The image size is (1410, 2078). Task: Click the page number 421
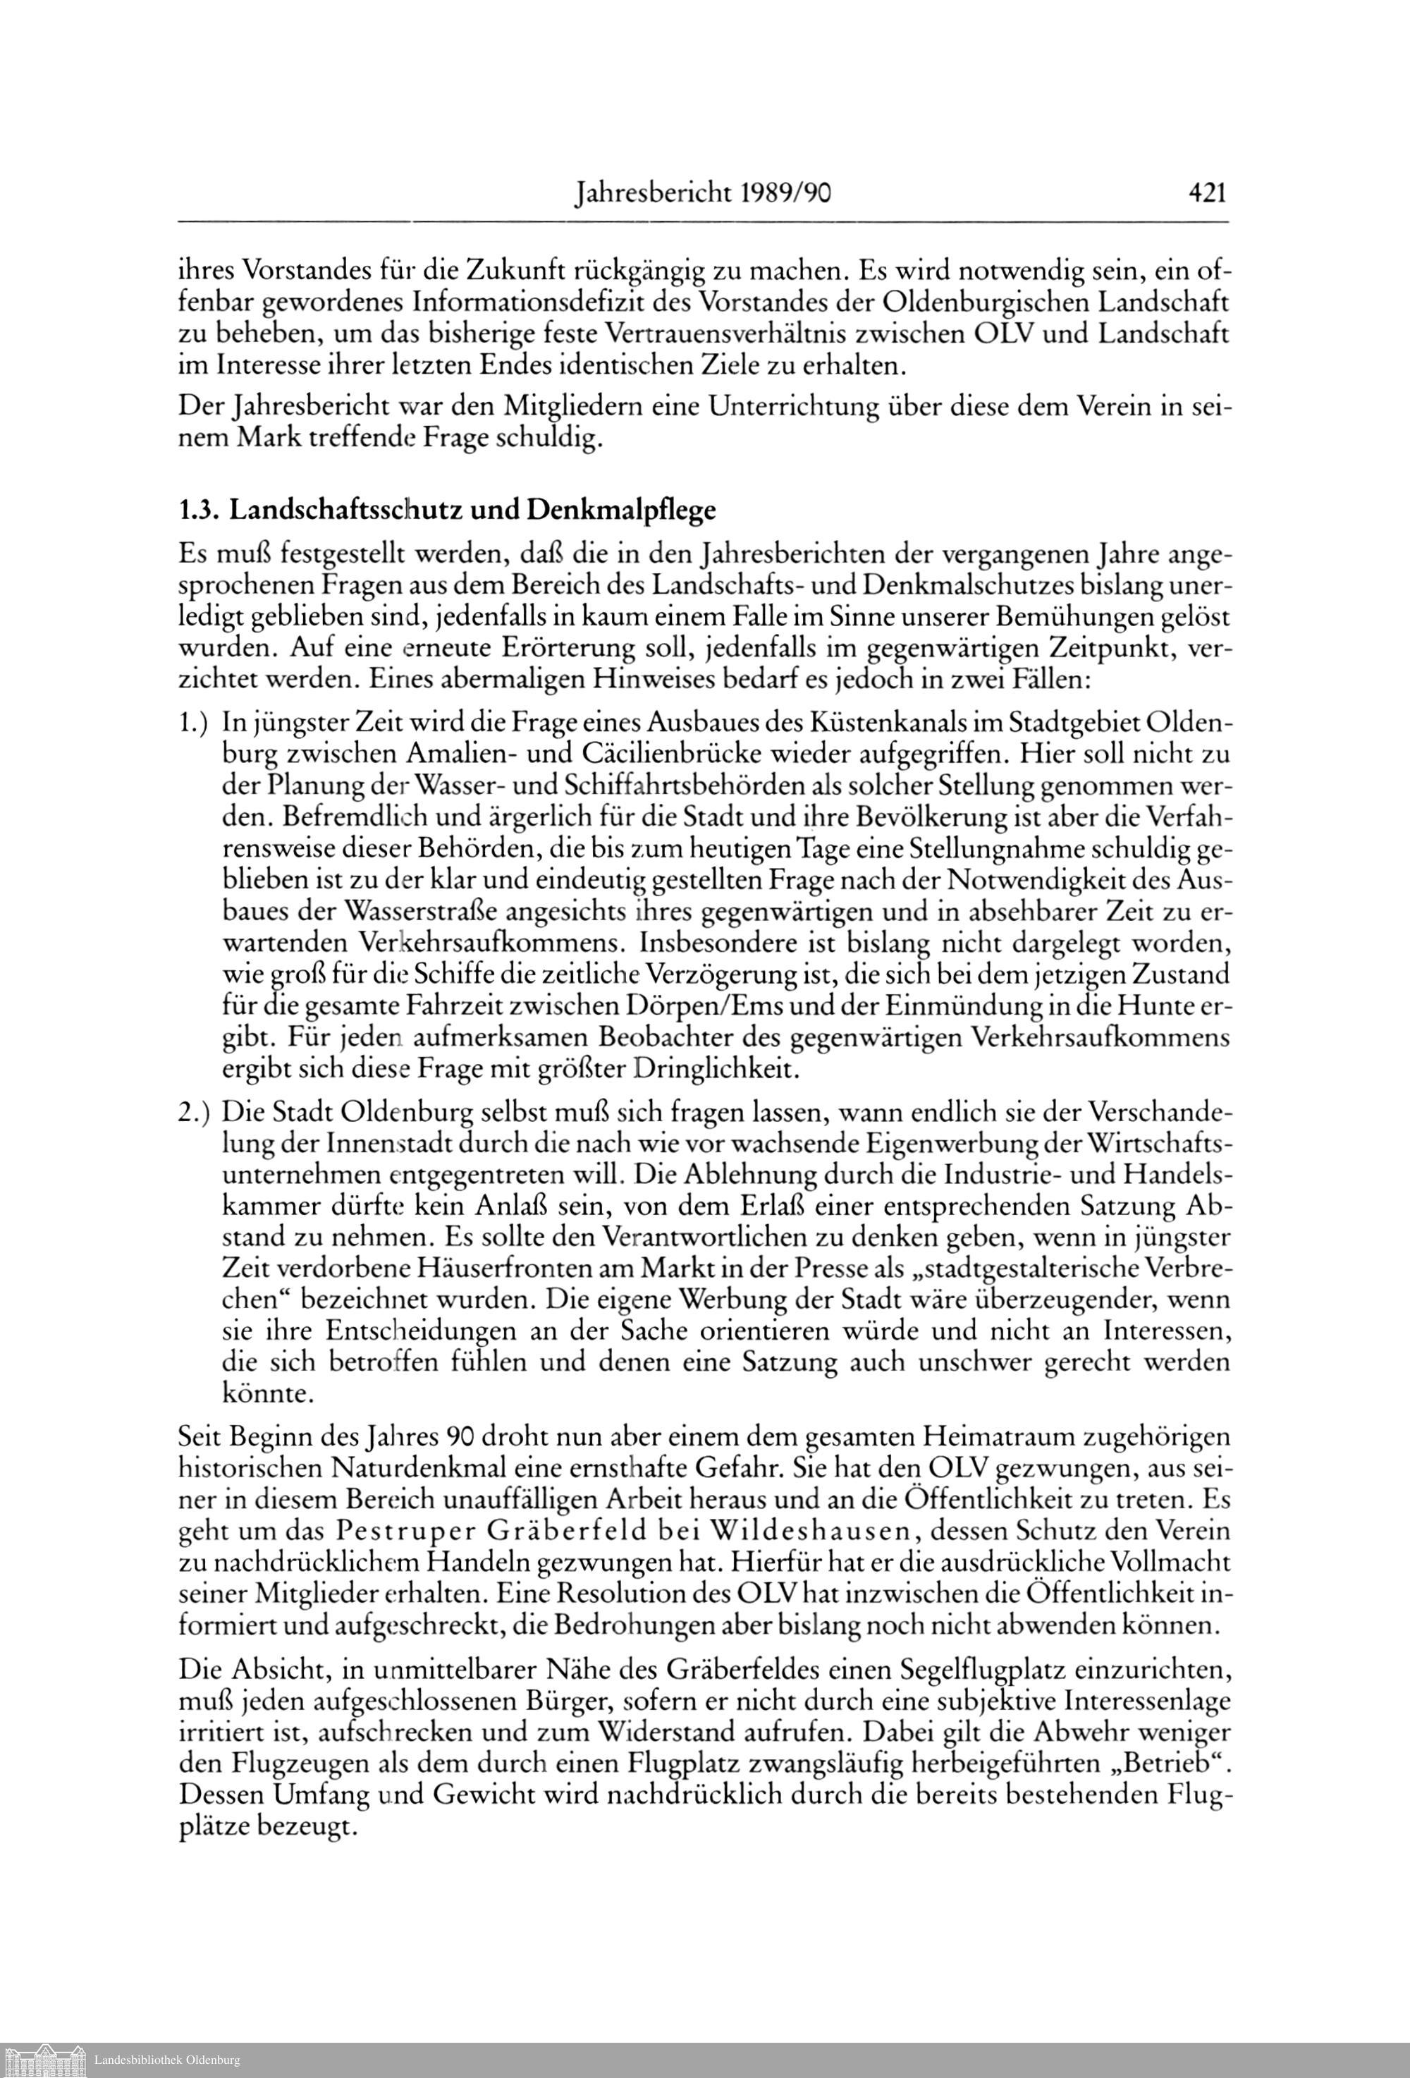point(1206,192)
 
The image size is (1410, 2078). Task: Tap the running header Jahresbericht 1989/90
point(704,192)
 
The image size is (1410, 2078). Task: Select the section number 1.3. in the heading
point(199,511)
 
